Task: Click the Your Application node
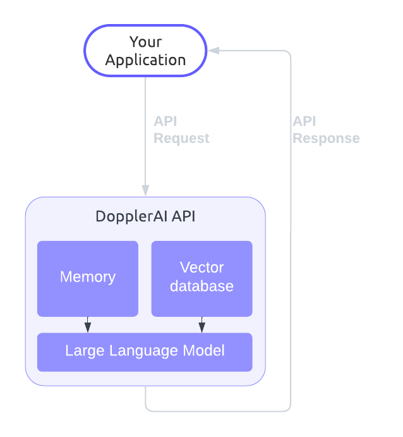[x=145, y=51]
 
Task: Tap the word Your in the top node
[x=145, y=42]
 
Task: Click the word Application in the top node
[x=145, y=60]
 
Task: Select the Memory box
[x=88, y=278]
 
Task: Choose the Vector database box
[x=201, y=278]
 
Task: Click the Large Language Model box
[x=145, y=352]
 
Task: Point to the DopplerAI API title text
[x=145, y=216]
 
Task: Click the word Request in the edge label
[x=181, y=138]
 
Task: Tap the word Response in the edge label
[x=326, y=138]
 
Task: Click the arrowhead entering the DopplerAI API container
[x=145, y=190]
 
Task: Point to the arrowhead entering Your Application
[x=214, y=51]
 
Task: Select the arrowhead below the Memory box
[x=88, y=326]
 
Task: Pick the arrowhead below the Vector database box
[x=201, y=326]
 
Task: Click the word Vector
[x=201, y=268]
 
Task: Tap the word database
[x=201, y=286]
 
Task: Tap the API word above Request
[x=165, y=121]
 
